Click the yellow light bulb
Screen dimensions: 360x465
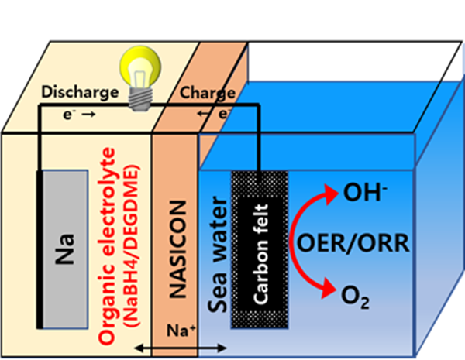139,66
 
